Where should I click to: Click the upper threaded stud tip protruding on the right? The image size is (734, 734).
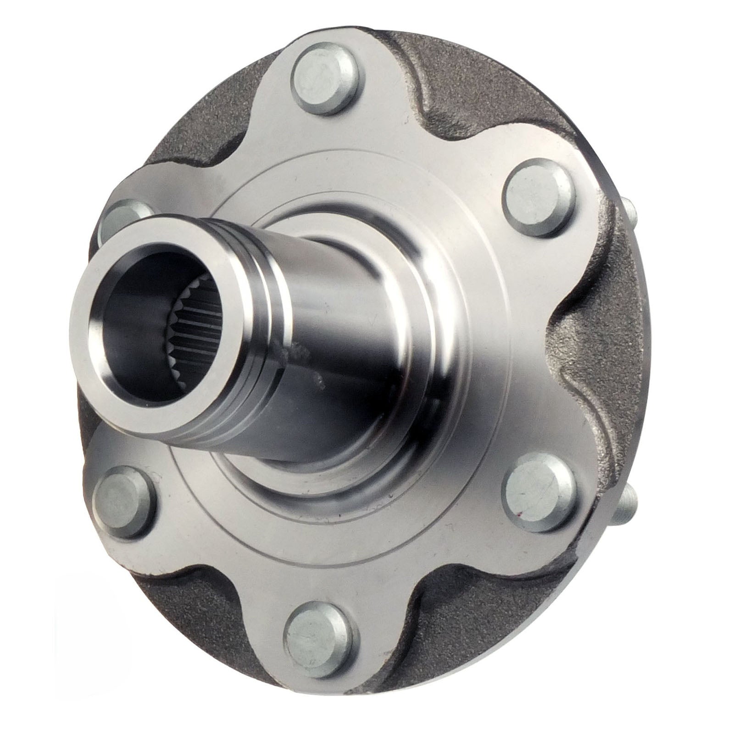coord(631,216)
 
